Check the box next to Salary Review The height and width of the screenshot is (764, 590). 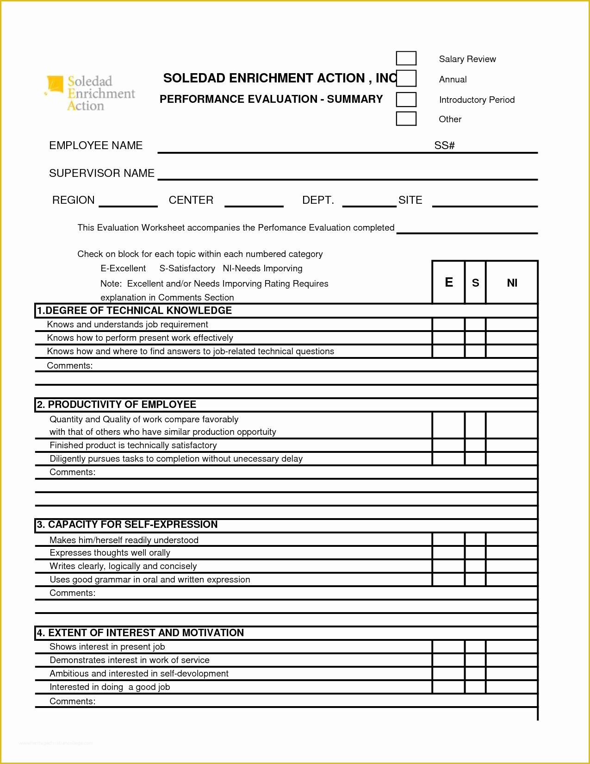pos(406,58)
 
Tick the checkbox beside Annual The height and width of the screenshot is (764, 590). pos(406,78)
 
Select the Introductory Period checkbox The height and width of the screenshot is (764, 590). pos(406,100)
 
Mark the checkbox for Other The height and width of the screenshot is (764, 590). pos(406,119)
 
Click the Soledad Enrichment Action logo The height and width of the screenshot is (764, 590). pos(91,93)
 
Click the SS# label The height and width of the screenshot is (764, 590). pos(444,145)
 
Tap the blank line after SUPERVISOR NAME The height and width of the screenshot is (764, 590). pos(347,175)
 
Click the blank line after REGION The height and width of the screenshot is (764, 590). pos(128,202)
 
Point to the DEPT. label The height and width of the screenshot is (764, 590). pos(318,200)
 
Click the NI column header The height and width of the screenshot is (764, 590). pos(512,283)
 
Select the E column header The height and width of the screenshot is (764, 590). pos(448,282)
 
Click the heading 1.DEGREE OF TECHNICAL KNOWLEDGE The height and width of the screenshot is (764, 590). pos(134,311)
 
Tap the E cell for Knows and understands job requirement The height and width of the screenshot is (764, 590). pos(448,325)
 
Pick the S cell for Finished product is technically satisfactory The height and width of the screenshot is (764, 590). pos(475,445)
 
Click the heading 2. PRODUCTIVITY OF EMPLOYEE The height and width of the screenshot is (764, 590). pos(116,405)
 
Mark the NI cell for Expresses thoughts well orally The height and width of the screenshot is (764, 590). pos(512,553)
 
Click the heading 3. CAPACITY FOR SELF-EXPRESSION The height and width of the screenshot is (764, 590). pos(127,525)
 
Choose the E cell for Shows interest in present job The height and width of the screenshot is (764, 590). pos(448,647)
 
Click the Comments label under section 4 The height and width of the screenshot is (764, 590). pos(72,701)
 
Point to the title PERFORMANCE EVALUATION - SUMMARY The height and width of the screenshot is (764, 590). pos(271,99)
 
